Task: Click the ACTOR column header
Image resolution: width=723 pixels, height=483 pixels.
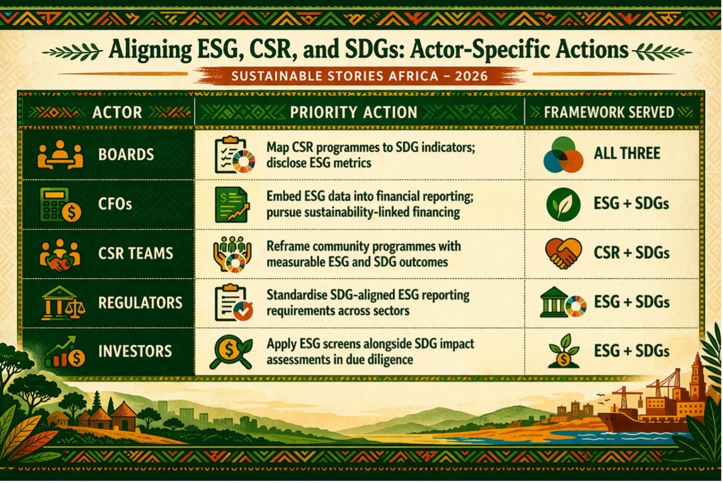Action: pyautogui.click(x=117, y=112)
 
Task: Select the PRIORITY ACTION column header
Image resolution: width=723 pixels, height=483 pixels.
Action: pyautogui.click(x=353, y=112)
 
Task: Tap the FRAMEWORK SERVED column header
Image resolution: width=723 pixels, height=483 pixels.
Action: pyautogui.click(x=609, y=112)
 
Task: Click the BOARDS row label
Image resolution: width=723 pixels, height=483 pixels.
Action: pyautogui.click(x=126, y=154)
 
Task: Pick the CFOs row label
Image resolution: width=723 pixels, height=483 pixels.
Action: pyautogui.click(x=115, y=204)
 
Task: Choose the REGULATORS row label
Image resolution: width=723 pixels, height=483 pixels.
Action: pyautogui.click(x=140, y=302)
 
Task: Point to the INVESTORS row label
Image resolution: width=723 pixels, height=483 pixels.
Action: pyautogui.click(x=135, y=351)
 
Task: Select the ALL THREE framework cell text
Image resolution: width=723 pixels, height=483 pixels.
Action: pyautogui.click(x=627, y=153)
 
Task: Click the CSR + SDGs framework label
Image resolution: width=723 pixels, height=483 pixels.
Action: pyautogui.click(x=631, y=252)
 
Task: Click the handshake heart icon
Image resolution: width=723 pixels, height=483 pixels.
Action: pyautogui.click(x=563, y=253)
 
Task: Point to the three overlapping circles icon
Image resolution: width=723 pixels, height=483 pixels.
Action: pyautogui.click(x=563, y=155)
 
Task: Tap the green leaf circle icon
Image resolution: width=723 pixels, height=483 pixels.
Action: pyautogui.click(x=563, y=205)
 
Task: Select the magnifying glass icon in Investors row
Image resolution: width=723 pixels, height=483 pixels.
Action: pyautogui.click(x=230, y=352)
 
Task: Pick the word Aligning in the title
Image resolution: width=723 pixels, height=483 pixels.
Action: pyautogui.click(x=150, y=50)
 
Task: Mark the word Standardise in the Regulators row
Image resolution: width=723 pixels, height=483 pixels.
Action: pyautogui.click(x=297, y=295)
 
